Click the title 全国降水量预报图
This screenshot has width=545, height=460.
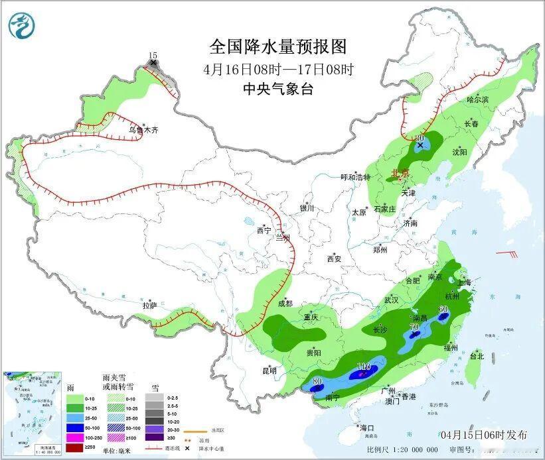click(277, 46)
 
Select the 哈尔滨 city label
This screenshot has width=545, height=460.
click(477, 99)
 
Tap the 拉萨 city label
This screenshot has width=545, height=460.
click(149, 305)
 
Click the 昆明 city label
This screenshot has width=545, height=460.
click(269, 371)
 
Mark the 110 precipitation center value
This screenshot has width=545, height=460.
click(363, 367)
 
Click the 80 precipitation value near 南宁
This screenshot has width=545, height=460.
click(317, 381)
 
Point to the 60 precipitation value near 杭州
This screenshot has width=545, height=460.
click(443, 309)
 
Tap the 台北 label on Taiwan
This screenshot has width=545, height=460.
click(477, 356)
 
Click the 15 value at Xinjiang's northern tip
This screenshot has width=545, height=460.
click(153, 56)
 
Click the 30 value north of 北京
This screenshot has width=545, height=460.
click(420, 137)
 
